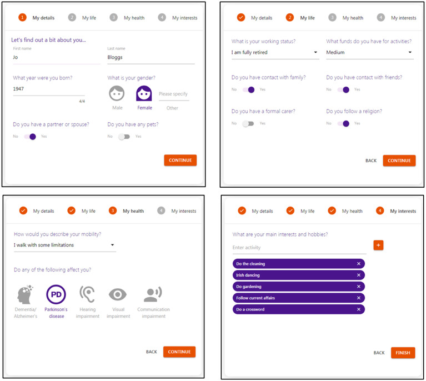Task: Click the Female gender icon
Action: (144, 93)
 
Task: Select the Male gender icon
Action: (117, 93)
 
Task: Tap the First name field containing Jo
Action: (57, 57)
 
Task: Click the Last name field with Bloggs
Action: (151, 57)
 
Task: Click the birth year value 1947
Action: (18, 89)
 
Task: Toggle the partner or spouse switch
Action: (30, 137)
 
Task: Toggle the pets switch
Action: (124, 137)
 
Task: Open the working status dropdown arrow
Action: (315, 52)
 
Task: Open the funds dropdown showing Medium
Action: (370, 52)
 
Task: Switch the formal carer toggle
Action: (248, 124)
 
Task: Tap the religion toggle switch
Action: (343, 124)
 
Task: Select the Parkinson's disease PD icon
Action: (56, 294)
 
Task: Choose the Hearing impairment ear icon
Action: (87, 294)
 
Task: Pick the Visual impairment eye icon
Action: (118, 294)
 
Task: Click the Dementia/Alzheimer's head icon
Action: (25, 294)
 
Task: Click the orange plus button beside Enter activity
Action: (378, 245)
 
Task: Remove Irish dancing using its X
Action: (359, 275)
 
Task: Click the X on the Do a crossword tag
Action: (359, 309)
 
